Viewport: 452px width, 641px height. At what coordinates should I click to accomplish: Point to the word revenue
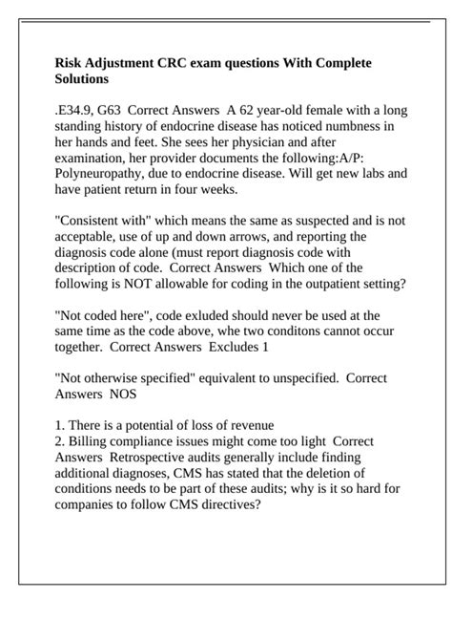(253, 425)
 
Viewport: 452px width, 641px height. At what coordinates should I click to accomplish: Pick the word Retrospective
(148, 457)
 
